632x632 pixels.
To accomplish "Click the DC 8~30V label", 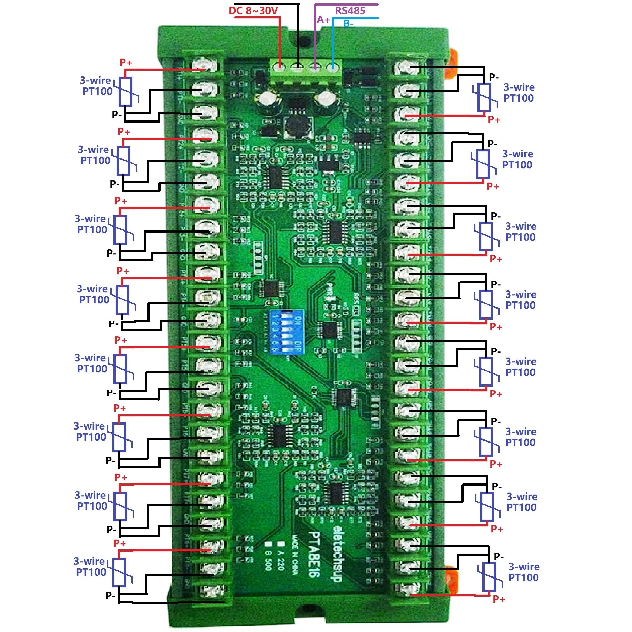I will (253, 10).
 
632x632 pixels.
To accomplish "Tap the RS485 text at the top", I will (350, 10).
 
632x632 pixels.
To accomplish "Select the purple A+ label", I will (323, 20).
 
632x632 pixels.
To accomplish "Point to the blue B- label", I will (348, 24).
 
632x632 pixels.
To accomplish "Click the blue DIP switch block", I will (287, 332).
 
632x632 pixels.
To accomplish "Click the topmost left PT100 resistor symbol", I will (125, 92).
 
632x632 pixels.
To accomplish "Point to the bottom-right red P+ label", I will (499, 599).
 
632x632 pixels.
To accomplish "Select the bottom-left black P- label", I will (110, 595).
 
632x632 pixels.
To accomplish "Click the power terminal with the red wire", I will (280, 67).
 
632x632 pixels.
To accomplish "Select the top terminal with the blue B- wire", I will (333, 67).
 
